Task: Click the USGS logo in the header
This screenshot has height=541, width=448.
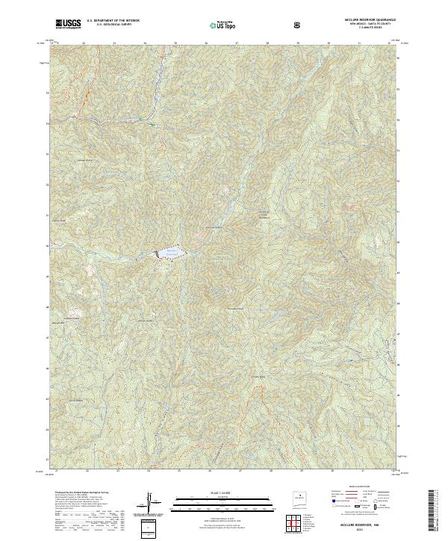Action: (68, 25)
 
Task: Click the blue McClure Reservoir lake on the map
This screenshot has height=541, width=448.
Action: (169, 254)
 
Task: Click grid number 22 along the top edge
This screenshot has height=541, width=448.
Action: (84, 43)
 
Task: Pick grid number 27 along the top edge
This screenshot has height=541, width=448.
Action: (237, 43)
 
